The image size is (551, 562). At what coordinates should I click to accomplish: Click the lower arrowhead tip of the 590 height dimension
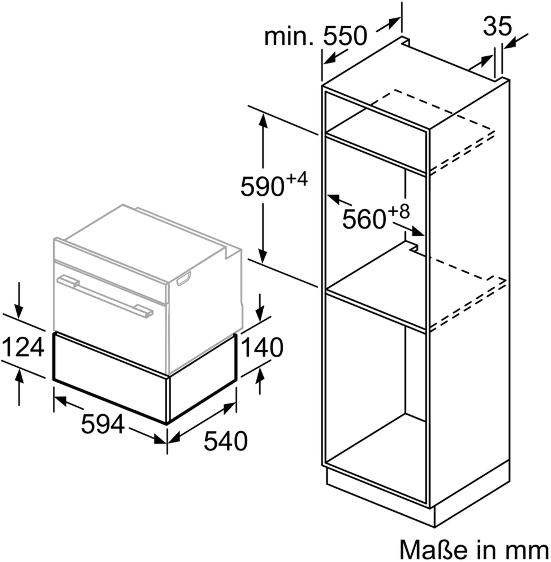tap(263, 263)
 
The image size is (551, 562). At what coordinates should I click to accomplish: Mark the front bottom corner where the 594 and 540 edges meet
tap(167, 424)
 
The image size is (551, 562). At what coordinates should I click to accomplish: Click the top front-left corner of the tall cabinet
tap(322, 86)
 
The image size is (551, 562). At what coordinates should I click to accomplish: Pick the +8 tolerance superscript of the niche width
tap(399, 211)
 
